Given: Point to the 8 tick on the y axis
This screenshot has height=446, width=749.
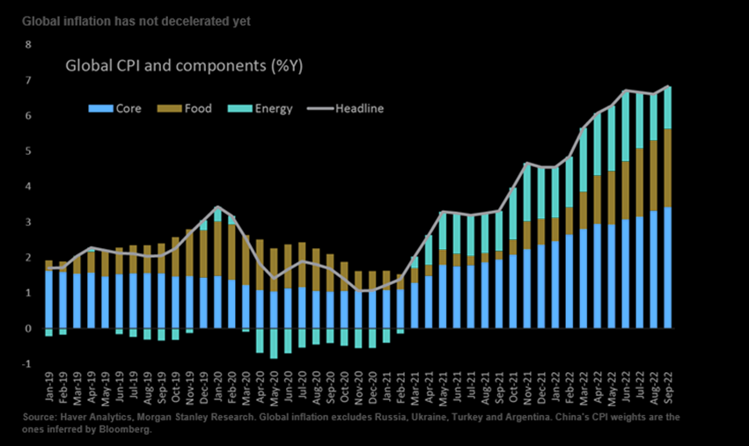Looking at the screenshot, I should [x=28, y=44].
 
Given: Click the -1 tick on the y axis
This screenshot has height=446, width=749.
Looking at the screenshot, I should [x=26, y=364].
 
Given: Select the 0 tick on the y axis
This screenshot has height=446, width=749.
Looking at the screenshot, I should [x=28, y=329].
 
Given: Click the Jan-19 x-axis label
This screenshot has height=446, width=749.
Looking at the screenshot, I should [x=49, y=384].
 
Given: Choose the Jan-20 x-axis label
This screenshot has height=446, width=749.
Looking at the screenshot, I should [x=217, y=384].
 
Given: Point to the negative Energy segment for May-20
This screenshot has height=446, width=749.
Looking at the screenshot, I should [x=274, y=343].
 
